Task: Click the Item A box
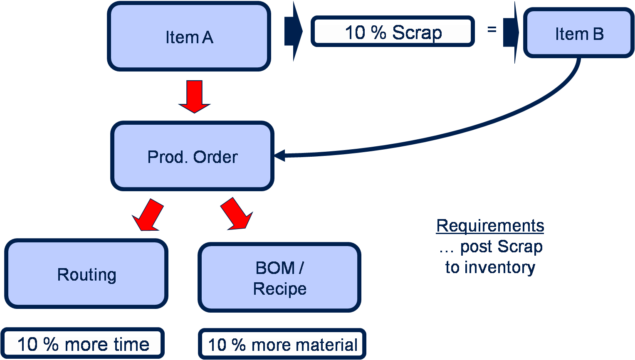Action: [x=189, y=37]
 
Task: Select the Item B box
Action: [x=578, y=33]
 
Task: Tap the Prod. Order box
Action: [x=192, y=156]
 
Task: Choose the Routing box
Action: [x=86, y=274]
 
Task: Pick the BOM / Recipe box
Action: [x=279, y=278]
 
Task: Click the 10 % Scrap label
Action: [x=393, y=32]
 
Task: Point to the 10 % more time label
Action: [x=83, y=344]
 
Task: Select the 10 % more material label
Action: [x=282, y=344]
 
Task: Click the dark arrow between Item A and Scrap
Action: [x=294, y=32]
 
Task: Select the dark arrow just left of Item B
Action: [x=511, y=32]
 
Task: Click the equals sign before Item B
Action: [x=492, y=29]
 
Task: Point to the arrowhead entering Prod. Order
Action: [x=279, y=155]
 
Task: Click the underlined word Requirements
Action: [x=490, y=226]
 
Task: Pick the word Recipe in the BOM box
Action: [x=279, y=288]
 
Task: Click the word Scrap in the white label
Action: [x=417, y=32]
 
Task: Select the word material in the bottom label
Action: [x=326, y=345]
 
